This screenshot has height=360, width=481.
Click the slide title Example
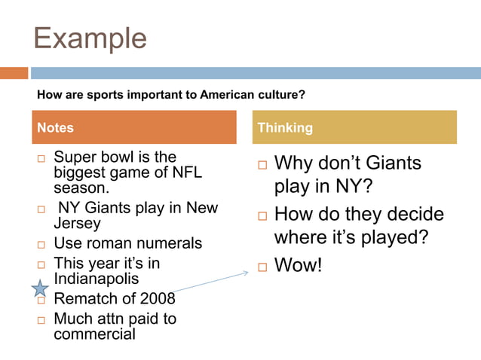[x=90, y=38]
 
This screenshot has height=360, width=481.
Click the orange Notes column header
[x=133, y=127]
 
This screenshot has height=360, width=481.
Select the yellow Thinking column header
[x=354, y=127]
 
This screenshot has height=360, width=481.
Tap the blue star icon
[x=40, y=288]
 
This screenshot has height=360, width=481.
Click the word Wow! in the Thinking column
[x=298, y=265]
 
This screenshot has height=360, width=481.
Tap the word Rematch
[x=87, y=298]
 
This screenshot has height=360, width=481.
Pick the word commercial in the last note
[x=94, y=333]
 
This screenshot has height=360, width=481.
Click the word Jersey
[x=77, y=223]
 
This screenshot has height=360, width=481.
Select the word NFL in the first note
[x=187, y=172]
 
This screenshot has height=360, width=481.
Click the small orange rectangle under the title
[x=14, y=73]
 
